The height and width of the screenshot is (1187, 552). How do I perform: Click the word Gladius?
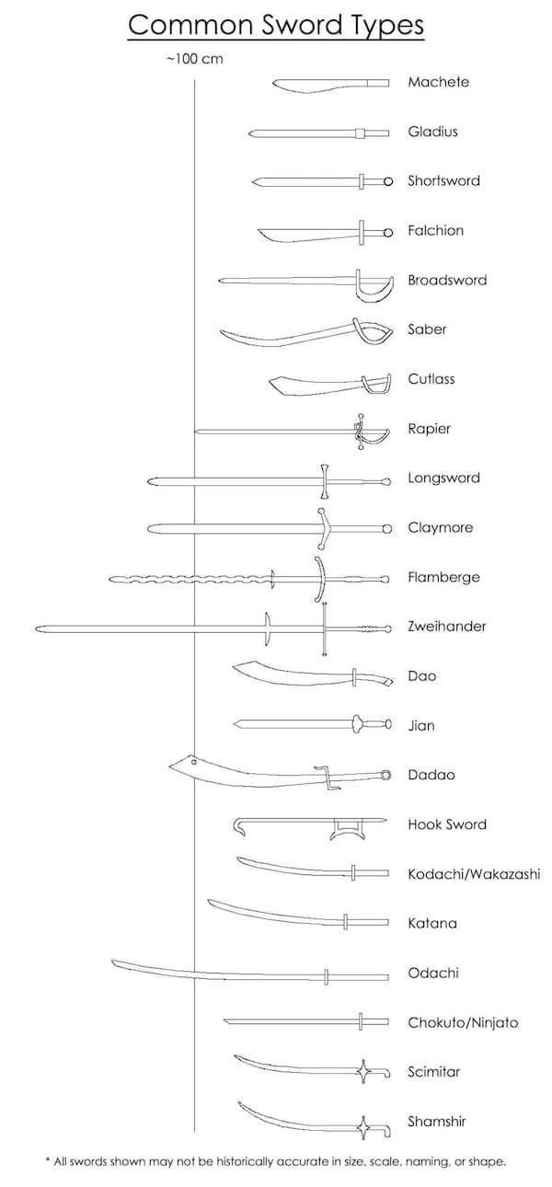tap(432, 132)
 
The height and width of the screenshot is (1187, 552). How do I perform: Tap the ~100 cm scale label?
tap(195, 58)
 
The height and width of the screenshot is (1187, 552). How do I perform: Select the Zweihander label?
tap(446, 627)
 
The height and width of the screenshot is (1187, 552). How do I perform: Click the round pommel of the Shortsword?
tap(388, 182)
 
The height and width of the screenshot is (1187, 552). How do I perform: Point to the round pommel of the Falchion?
tap(388, 232)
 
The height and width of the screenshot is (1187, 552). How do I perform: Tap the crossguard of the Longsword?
tap(325, 481)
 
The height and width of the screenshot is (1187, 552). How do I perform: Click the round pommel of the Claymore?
tap(387, 528)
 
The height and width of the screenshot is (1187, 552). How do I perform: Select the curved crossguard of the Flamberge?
tap(319, 579)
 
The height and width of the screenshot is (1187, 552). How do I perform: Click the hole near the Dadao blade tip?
tap(194, 762)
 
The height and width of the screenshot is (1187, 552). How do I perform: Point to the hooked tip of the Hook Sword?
tap(239, 827)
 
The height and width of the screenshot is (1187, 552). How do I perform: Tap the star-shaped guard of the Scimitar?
tap(364, 1072)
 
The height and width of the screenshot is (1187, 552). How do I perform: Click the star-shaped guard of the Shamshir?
tap(364, 1128)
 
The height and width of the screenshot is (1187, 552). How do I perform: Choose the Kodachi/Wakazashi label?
tap(474, 874)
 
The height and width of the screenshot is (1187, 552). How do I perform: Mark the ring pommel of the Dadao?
tap(386, 776)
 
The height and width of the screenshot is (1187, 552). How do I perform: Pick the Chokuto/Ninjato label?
tap(463, 1022)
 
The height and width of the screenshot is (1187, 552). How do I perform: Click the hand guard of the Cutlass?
tap(376, 383)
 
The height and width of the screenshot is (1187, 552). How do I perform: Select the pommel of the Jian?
tap(387, 724)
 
